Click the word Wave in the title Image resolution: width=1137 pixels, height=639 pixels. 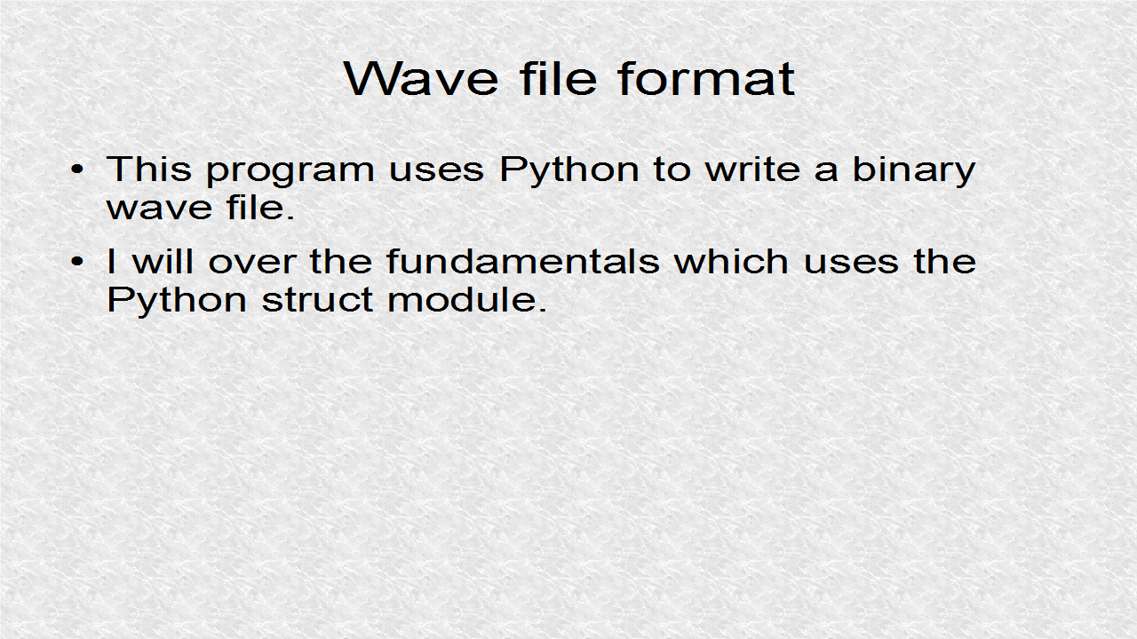[x=421, y=78]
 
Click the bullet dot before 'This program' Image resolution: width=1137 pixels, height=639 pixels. [x=79, y=170]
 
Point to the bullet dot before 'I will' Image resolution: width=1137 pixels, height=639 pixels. [x=79, y=262]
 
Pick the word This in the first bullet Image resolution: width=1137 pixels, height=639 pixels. [x=148, y=169]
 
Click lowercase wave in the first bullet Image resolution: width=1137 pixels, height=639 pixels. [x=154, y=209]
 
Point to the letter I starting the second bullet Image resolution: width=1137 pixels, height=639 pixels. [x=111, y=261]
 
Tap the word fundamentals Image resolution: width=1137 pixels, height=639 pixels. [x=522, y=261]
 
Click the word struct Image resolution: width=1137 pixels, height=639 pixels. [x=318, y=300]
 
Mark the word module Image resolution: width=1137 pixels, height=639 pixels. [x=466, y=300]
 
